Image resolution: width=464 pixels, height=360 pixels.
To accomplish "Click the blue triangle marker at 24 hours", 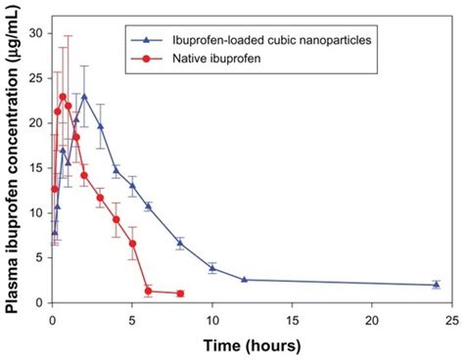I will [x=436, y=285].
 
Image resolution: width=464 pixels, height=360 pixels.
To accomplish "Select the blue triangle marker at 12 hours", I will [x=244, y=280].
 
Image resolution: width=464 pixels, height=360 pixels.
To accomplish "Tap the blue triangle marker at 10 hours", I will [x=212, y=268].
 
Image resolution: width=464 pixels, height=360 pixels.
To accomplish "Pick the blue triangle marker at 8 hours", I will [x=180, y=243].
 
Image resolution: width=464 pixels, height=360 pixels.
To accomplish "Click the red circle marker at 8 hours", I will [x=180, y=293].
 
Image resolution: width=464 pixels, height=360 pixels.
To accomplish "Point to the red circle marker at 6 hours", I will [x=148, y=292].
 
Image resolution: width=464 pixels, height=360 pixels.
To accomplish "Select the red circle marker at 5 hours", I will [x=132, y=244].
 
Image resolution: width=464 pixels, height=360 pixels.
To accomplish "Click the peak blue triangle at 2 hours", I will [x=84, y=96].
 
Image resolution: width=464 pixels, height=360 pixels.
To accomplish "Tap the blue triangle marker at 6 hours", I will [x=148, y=205].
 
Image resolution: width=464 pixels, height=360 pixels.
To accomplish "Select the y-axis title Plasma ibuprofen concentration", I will [x=14, y=166].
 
